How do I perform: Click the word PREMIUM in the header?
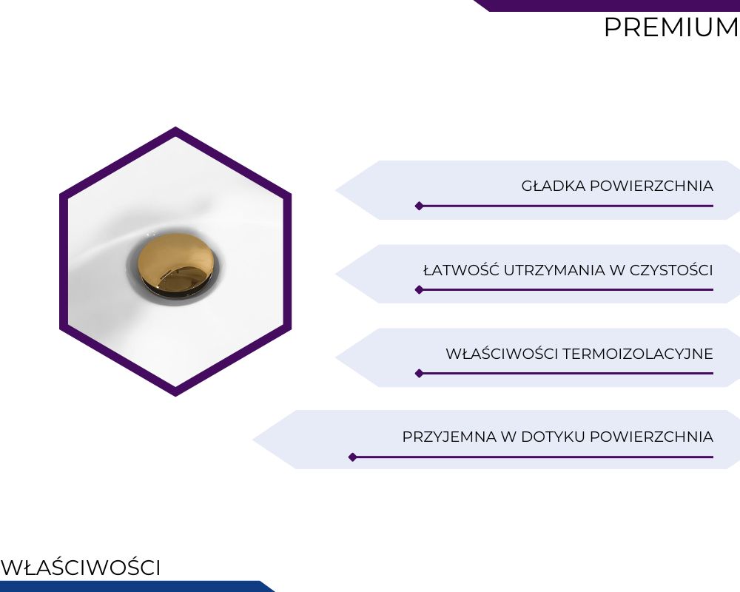tap(672, 27)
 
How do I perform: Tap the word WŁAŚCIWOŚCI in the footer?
tap(81, 568)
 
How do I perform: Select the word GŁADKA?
tap(553, 186)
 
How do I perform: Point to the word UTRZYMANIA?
tap(554, 270)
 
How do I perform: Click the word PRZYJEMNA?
tap(449, 437)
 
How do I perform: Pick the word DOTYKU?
tap(553, 437)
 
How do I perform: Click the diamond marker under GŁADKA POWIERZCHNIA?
tap(419, 206)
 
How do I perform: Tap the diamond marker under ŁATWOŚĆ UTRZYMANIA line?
tap(419, 289)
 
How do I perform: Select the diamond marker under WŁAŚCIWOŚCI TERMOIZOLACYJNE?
tap(419, 374)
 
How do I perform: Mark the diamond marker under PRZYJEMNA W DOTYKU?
tap(352, 457)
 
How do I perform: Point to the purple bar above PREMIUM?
tap(607, 5)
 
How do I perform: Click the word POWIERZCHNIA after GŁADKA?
tap(651, 186)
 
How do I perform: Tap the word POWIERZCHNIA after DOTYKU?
tap(651, 437)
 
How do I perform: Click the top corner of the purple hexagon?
tap(175, 127)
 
